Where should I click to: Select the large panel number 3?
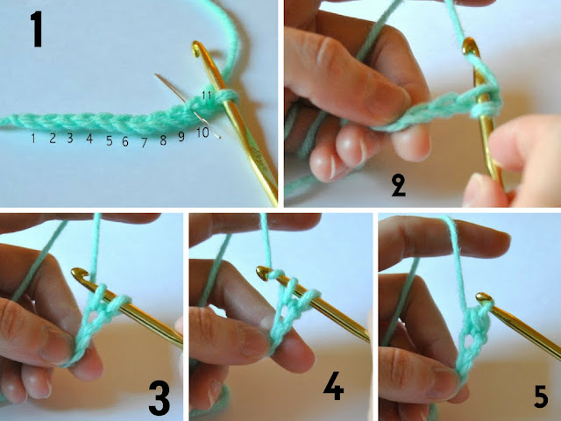click(158, 395)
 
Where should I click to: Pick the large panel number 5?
click(541, 397)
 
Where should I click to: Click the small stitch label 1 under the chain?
click(32, 138)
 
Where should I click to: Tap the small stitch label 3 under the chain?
click(70, 138)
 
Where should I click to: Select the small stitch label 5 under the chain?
click(110, 140)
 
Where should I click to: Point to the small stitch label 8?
click(163, 139)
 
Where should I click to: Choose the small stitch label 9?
click(181, 136)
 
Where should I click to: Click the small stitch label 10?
click(202, 132)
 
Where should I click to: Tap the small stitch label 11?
click(207, 94)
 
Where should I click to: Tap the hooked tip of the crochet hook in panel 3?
click(78, 275)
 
